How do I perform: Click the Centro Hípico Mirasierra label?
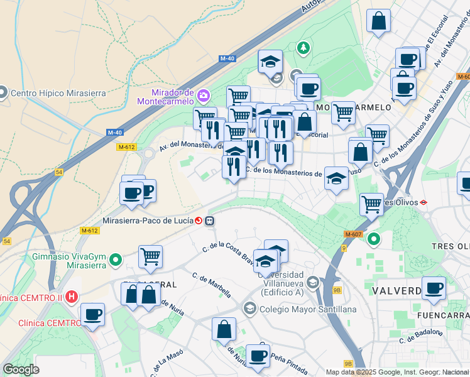tap(58, 93)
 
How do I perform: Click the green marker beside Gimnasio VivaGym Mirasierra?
tap(116, 259)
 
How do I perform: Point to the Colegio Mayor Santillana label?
tap(307, 309)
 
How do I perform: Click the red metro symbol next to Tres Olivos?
tap(424, 202)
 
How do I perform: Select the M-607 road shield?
tap(352, 234)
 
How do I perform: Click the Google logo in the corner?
tap(21, 369)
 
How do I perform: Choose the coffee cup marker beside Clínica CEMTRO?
tap(92, 314)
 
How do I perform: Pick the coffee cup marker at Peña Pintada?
tap(258, 356)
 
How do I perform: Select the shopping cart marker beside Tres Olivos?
tap(371, 204)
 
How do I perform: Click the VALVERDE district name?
tap(396, 292)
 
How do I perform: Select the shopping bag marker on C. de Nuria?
tap(224, 329)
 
